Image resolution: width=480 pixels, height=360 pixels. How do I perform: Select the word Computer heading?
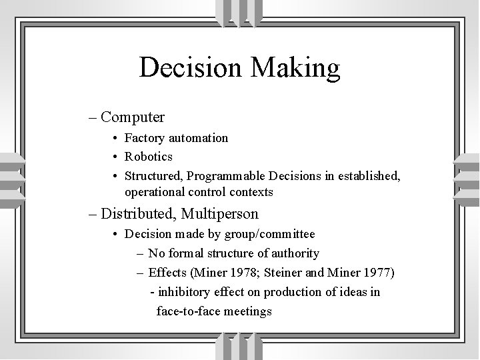tap(133, 117)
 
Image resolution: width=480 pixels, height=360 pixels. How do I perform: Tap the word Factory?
tap(145, 138)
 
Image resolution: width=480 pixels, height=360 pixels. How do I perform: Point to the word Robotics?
tap(148, 157)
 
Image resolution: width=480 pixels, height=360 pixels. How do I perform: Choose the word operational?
tap(155, 192)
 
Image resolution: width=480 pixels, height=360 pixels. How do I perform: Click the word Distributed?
tap(137, 214)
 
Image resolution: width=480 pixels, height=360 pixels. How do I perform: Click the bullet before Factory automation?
tap(116, 139)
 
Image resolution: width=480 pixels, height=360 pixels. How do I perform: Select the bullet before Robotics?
tap(116, 157)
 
